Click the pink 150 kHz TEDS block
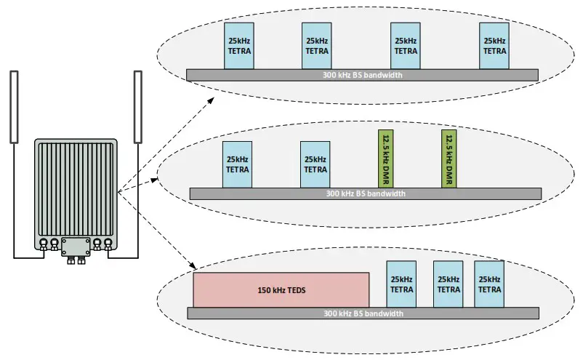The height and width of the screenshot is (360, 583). click(281, 289)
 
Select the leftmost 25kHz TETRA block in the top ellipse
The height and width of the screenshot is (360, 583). click(238, 46)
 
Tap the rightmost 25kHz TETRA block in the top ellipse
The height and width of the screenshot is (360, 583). click(494, 46)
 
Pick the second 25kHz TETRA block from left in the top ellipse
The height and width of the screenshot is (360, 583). click(316, 46)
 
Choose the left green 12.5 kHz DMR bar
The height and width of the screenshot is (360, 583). click(385, 159)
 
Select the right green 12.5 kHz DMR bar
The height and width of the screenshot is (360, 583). click(449, 159)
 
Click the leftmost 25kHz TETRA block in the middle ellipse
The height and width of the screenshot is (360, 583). click(237, 164)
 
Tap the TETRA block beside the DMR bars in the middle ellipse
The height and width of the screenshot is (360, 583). click(315, 164)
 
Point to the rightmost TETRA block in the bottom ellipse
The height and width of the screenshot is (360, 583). click(488, 284)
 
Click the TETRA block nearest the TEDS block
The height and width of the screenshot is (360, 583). click(401, 284)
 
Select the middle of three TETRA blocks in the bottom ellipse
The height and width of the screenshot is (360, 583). click(448, 284)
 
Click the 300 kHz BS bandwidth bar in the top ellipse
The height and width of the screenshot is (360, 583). click(362, 75)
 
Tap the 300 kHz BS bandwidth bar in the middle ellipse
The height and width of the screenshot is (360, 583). click(365, 193)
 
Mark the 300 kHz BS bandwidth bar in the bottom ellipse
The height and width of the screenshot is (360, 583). click(363, 313)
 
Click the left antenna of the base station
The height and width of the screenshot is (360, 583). click(14, 106)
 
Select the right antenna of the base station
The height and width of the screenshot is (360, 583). click(137, 106)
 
